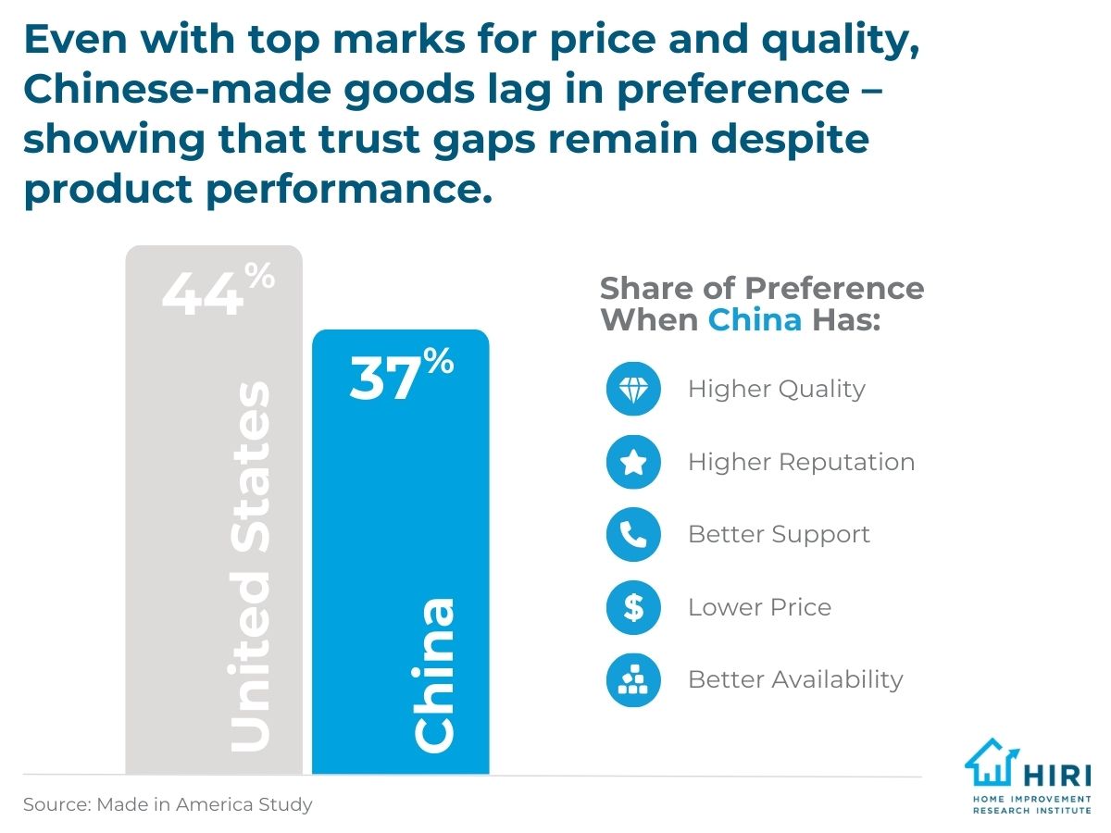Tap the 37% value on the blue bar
(x=401, y=375)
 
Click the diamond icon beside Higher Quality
(x=633, y=389)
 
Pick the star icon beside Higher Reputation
(x=633, y=462)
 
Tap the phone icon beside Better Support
(x=633, y=534)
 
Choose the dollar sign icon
(x=633, y=607)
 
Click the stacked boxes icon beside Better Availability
(x=633, y=679)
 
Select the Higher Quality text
(x=776, y=389)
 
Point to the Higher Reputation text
(x=801, y=462)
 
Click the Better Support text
(x=779, y=534)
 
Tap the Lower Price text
(x=759, y=607)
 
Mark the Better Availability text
(x=795, y=679)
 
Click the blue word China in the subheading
(x=755, y=320)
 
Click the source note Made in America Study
(x=168, y=804)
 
